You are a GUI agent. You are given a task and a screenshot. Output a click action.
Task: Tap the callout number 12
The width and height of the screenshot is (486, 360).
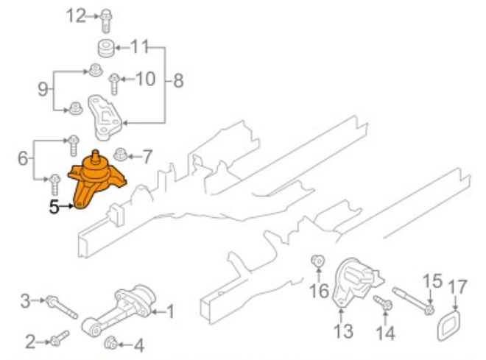tap(76, 15)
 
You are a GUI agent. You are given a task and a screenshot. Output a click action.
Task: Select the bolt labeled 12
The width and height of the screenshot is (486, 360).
tap(106, 21)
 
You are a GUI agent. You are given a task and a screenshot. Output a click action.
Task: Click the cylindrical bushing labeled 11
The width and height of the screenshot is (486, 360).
tap(106, 48)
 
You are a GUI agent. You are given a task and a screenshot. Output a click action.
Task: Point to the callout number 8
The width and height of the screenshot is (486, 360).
tap(178, 80)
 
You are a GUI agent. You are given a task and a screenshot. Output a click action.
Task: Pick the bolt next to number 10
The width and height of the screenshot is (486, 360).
tap(114, 84)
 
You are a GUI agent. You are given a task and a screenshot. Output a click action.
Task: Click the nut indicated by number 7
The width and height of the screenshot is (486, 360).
tap(121, 155)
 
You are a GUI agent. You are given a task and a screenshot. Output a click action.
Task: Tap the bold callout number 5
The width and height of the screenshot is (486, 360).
tap(54, 207)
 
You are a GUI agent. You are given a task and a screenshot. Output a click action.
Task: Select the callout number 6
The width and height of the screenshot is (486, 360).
tap(23, 158)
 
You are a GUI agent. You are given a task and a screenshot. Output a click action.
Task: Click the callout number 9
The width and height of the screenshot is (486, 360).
tap(43, 89)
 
